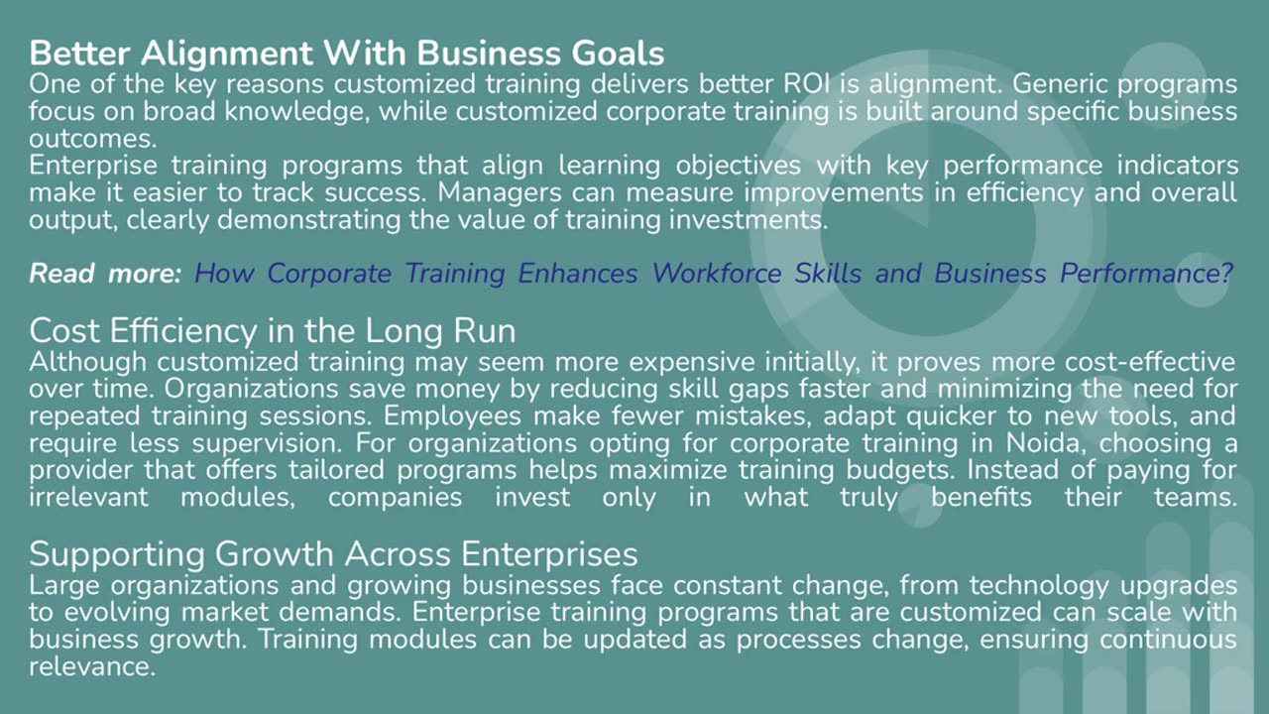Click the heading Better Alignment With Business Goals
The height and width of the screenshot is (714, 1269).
(x=347, y=53)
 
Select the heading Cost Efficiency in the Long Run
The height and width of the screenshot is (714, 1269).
(x=273, y=329)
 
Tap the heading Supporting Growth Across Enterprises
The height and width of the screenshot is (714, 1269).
(x=333, y=552)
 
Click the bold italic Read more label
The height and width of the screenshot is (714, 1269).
(x=105, y=274)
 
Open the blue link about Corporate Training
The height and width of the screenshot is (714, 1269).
(x=713, y=274)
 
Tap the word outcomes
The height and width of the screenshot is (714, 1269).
(x=90, y=138)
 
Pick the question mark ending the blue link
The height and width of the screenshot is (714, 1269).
(x=1225, y=274)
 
